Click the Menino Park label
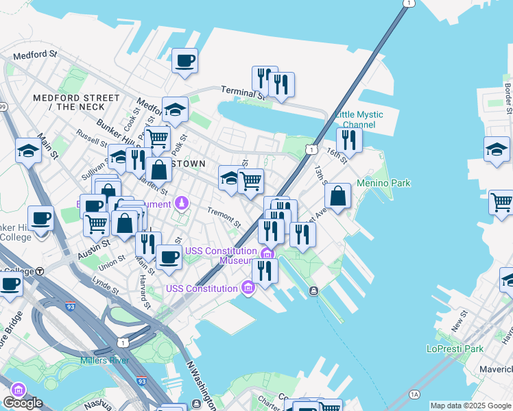383,184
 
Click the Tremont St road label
224,219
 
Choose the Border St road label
508,99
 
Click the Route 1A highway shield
414,395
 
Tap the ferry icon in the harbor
313,291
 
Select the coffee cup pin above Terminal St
184,61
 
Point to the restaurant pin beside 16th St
350,141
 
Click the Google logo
23,403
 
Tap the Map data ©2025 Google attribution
470,406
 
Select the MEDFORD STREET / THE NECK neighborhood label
69,102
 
